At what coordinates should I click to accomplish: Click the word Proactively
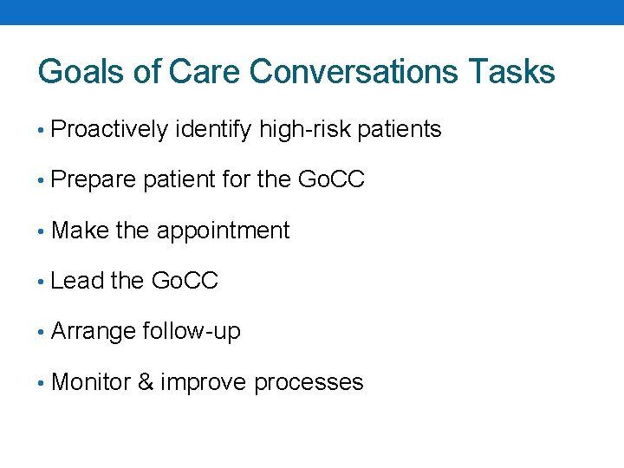pos(110,130)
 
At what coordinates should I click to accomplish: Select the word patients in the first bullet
pos(400,130)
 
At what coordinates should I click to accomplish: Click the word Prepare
pos(94,180)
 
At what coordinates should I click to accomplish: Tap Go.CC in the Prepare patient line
pos(331,180)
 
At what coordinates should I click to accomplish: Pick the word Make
pos(81,231)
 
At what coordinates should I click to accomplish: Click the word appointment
pos(223,231)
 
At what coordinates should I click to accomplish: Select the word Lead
pos(78,281)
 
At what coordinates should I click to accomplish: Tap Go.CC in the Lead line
pos(185,281)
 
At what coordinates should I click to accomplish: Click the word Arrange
pos(94,332)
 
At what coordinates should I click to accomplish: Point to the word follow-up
pos(192,331)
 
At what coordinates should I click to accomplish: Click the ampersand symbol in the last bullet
pos(146,381)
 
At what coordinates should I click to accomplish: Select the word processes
pos(309,383)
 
